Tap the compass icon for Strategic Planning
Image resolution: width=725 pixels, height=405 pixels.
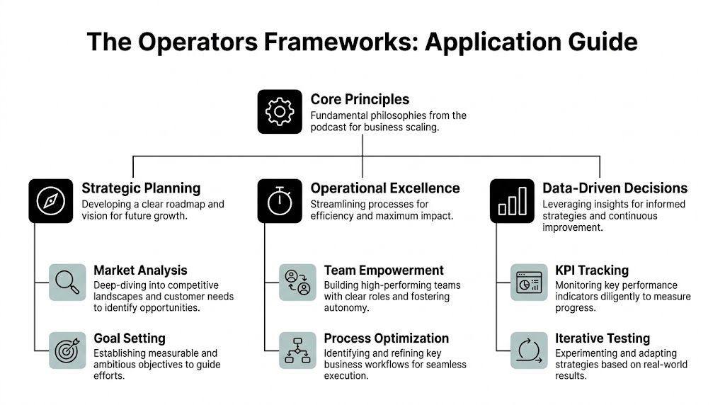(x=50, y=201)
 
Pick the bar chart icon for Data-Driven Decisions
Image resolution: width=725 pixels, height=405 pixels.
(x=512, y=201)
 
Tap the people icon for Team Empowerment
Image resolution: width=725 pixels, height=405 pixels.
(x=297, y=282)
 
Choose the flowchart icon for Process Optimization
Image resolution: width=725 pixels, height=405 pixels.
(x=297, y=350)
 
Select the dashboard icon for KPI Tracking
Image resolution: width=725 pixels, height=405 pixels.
(x=529, y=282)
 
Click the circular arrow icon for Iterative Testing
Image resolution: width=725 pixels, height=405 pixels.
(x=529, y=350)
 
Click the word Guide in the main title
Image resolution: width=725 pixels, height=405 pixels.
(x=599, y=42)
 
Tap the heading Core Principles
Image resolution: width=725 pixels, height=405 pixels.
(x=360, y=99)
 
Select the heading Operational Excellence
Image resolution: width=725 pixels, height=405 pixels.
(x=385, y=188)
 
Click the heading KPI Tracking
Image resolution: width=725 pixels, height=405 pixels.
(x=592, y=270)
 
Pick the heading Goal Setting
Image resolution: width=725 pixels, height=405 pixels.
(x=129, y=338)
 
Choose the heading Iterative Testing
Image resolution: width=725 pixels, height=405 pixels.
(x=602, y=338)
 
